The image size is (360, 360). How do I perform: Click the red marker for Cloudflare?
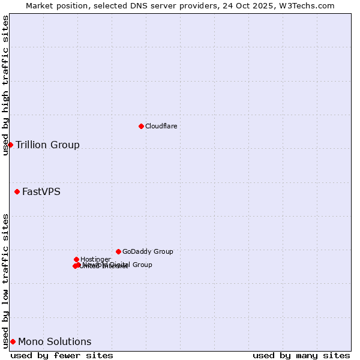[x=141, y=126]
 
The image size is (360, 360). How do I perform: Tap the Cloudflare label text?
[x=161, y=126]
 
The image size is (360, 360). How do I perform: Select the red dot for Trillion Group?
[x=10, y=145]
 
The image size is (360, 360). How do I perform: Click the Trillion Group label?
[x=47, y=145]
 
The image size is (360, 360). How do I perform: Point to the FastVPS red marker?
[x=17, y=191]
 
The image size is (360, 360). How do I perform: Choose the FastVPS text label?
[x=41, y=192]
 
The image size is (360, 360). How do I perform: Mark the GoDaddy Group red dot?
[x=118, y=251]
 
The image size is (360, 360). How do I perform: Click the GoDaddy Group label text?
[x=148, y=251]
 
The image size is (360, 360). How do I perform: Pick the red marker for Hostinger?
[x=76, y=259]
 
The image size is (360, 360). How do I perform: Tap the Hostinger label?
[x=95, y=259]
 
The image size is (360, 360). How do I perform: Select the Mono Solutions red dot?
[x=13, y=341]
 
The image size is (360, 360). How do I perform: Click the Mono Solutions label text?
[x=55, y=342]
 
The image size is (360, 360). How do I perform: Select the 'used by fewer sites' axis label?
[x=62, y=355]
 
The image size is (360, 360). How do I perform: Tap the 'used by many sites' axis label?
[x=301, y=355]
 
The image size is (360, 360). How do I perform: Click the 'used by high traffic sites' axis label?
[x=5, y=86]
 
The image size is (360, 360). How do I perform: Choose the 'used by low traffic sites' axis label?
[x=5, y=280]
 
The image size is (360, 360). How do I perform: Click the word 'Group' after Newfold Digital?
[x=142, y=265]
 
